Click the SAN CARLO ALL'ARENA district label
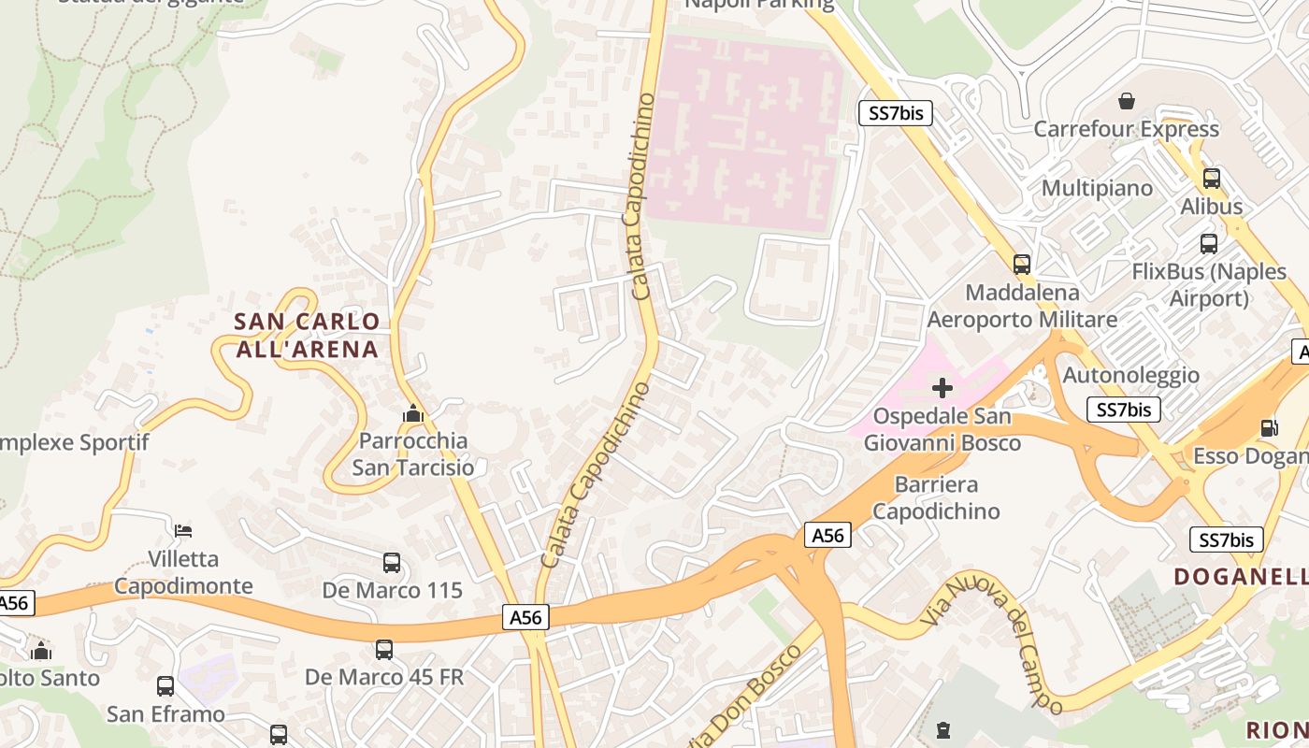click(x=307, y=336)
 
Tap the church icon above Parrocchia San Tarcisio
click(x=412, y=412)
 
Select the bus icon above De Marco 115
click(x=392, y=563)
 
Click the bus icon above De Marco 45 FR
click(x=383, y=649)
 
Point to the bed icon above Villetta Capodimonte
click(x=183, y=531)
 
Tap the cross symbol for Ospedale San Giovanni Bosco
click(x=942, y=387)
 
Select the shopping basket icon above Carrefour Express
click(x=1127, y=100)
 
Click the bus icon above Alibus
click(x=1212, y=178)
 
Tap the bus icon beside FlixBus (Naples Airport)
click(x=1209, y=244)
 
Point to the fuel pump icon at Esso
click(x=1270, y=427)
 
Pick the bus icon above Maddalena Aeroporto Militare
click(x=1021, y=265)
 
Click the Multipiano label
click(x=1097, y=188)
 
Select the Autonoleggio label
click(x=1131, y=375)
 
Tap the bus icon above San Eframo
click(x=165, y=686)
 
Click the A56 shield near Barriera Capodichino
click(x=827, y=535)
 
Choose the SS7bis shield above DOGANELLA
click(x=1226, y=539)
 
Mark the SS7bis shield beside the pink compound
click(x=896, y=114)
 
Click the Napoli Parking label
click(x=759, y=4)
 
